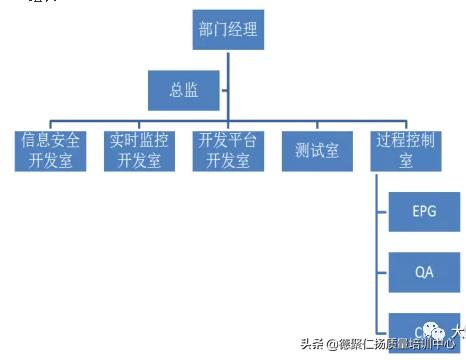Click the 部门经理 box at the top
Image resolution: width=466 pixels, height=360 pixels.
[x=228, y=30]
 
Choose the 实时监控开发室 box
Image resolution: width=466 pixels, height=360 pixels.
[x=139, y=149]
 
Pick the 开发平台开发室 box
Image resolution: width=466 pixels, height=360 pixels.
[x=228, y=149]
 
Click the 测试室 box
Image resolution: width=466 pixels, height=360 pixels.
[x=317, y=149]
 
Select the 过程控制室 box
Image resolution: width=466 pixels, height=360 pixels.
[x=407, y=149]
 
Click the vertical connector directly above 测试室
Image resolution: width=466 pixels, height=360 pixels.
[x=317, y=120]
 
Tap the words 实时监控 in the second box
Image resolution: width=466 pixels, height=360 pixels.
[x=139, y=140]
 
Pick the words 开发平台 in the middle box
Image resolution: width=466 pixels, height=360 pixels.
[x=228, y=140]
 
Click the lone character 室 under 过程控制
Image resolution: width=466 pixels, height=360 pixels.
[x=407, y=160]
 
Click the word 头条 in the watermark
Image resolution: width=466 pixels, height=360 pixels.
[x=311, y=344]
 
